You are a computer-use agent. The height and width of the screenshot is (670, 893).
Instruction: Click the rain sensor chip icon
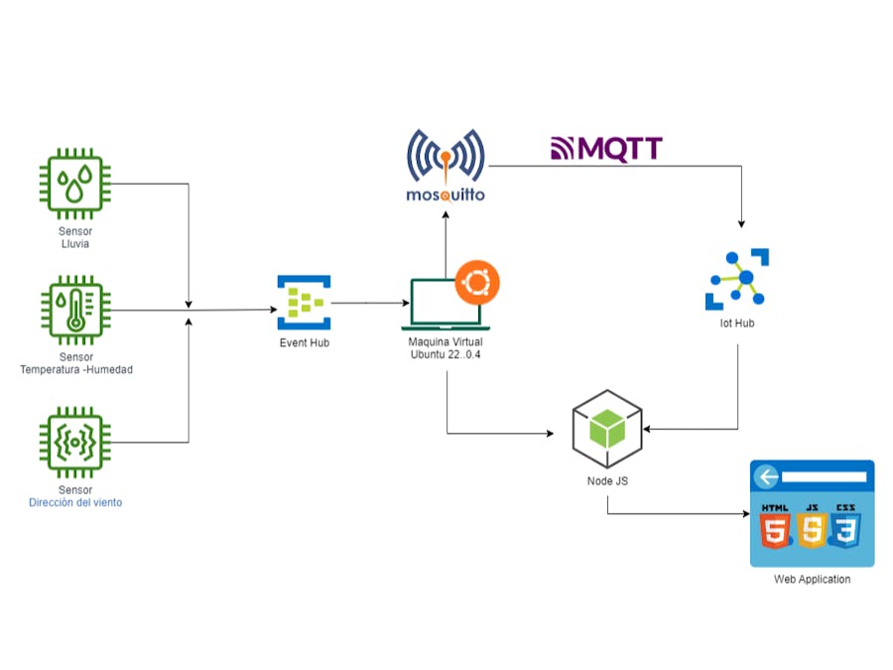(75, 184)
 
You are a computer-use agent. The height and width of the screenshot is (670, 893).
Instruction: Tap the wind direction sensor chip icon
(75, 442)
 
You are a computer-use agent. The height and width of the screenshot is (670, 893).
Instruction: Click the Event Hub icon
(304, 303)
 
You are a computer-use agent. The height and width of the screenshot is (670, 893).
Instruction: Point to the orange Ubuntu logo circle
(477, 282)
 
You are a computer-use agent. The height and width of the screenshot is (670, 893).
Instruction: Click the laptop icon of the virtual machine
(442, 305)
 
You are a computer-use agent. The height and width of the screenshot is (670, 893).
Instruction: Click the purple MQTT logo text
(606, 150)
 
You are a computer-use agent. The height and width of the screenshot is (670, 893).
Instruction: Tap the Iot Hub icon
(738, 279)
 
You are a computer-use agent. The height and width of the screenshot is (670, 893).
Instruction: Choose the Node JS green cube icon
(607, 429)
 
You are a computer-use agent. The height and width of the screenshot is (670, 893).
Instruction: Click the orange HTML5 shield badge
(776, 525)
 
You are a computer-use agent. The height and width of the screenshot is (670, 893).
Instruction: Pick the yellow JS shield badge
(812, 525)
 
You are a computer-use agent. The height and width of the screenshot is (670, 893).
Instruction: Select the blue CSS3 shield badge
(846, 525)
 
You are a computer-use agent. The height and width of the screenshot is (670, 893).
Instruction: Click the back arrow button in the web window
(764, 477)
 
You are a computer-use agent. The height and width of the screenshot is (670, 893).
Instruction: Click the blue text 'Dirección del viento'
(75, 502)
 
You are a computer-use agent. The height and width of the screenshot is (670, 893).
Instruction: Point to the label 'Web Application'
(812, 579)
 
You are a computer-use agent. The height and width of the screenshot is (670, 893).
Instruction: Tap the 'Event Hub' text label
(304, 342)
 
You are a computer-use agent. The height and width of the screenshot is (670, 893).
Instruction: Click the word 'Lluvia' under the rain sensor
(75, 243)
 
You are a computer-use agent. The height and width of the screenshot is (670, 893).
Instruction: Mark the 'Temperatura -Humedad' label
(75, 369)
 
